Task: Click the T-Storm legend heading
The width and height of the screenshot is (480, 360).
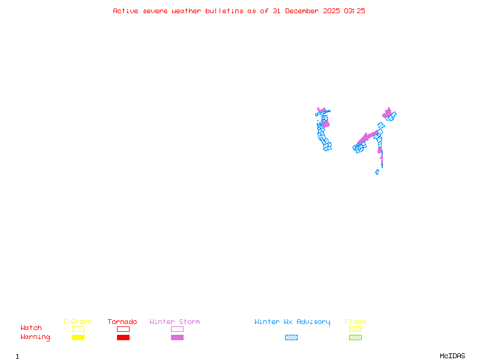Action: (x=77, y=322)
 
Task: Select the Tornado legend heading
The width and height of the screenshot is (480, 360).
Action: (x=122, y=322)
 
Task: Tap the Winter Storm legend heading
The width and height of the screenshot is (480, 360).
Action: (x=175, y=322)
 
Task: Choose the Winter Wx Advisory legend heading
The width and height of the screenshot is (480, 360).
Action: (x=292, y=322)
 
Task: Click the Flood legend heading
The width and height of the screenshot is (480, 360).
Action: (x=355, y=322)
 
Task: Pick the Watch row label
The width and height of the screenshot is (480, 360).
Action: (x=31, y=328)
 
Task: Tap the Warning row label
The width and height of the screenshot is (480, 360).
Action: (x=35, y=337)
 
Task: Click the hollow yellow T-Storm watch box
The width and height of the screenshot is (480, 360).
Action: (x=78, y=329)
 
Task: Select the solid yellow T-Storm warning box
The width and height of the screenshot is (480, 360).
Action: (x=78, y=338)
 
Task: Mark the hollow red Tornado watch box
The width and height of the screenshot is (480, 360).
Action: (x=123, y=329)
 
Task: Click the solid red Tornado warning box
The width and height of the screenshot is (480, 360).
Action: (x=123, y=338)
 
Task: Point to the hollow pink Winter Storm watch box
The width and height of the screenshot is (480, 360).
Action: (x=177, y=329)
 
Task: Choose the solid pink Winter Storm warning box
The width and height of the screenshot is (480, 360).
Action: (x=177, y=338)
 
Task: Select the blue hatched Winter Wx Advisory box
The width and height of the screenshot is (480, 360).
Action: (x=291, y=338)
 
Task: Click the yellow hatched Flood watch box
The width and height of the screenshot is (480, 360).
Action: (x=355, y=329)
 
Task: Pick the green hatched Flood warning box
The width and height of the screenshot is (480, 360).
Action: (x=355, y=338)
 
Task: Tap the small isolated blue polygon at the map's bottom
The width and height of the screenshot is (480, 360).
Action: (x=377, y=172)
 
